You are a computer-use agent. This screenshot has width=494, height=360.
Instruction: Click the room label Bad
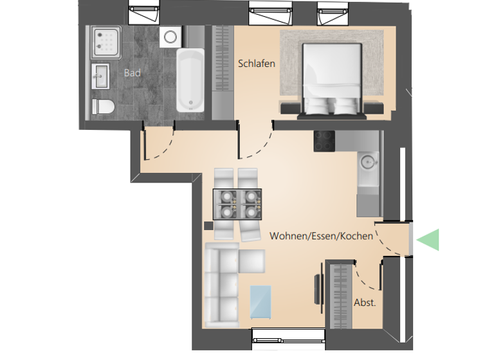[x=132, y=73]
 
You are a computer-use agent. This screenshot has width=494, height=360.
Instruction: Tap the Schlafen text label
[x=257, y=64]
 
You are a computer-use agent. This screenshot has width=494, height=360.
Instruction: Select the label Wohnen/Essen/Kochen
[x=321, y=236]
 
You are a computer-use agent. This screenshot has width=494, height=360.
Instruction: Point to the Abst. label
[x=365, y=303]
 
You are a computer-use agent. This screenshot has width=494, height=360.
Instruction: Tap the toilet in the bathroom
[x=102, y=107]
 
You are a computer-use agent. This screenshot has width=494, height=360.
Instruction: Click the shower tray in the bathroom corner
[x=106, y=42]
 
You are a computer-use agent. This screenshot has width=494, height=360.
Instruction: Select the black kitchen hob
[x=324, y=141]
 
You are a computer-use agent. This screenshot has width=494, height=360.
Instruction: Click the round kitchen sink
[x=368, y=161]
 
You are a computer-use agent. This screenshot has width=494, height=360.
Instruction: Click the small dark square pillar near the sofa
[x=208, y=226]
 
